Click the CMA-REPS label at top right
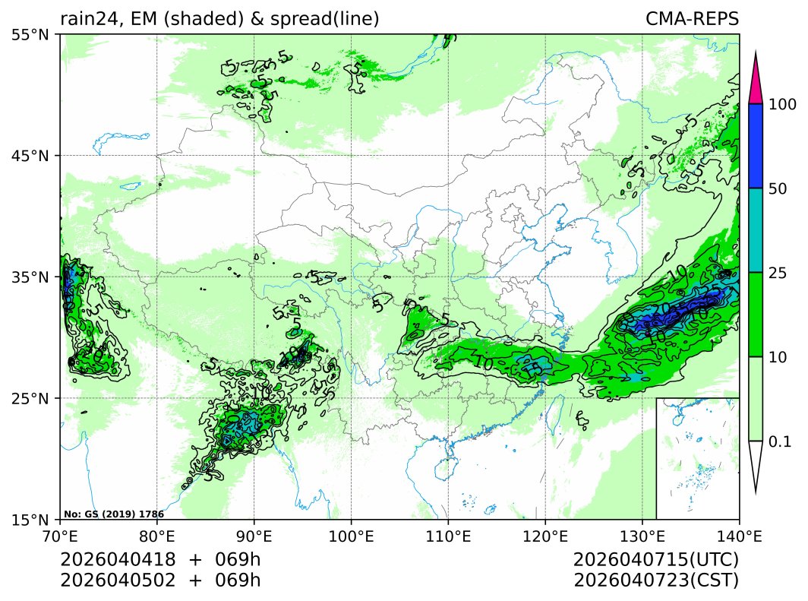pyautogui.click(x=692, y=19)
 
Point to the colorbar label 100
pyautogui.click(x=782, y=105)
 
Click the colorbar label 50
pyautogui.click(x=778, y=189)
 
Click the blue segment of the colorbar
pyautogui.click(x=755, y=146)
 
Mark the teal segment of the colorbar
pyautogui.click(x=755, y=230)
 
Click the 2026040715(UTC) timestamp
pyautogui.click(x=656, y=560)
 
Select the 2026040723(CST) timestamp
pyautogui.click(x=656, y=580)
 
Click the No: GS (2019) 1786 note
pyautogui.click(x=114, y=514)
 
